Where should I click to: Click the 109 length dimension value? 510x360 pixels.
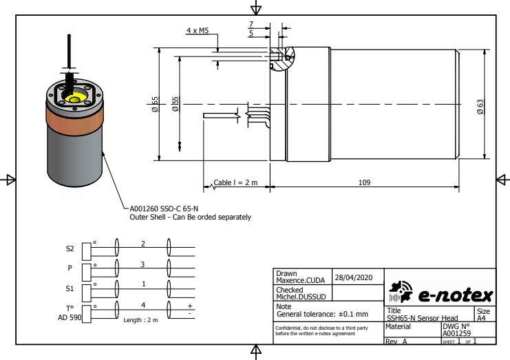365,182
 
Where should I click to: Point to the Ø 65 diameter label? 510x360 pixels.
156,103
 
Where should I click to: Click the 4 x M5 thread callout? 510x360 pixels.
198,31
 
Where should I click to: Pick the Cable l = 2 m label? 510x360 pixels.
235,182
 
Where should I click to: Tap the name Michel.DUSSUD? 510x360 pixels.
301,296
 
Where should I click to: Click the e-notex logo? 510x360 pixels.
440,295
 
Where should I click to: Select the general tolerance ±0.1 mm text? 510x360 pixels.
322,314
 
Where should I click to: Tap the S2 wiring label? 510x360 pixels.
70,248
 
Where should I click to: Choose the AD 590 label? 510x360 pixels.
70,317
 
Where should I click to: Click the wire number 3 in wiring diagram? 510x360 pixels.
142,264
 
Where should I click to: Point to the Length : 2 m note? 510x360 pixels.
140,320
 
